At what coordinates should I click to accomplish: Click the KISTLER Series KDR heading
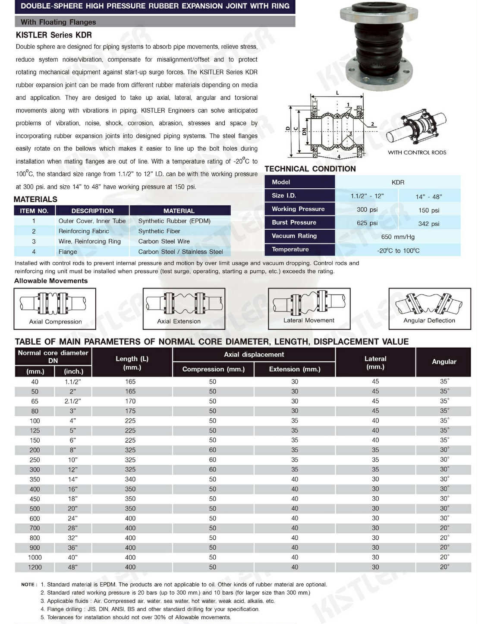(53, 35)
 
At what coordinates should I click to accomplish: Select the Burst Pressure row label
(294, 222)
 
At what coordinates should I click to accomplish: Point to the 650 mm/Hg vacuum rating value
(397, 237)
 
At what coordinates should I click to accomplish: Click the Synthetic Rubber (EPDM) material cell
(174, 221)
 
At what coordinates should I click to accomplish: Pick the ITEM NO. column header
(34, 211)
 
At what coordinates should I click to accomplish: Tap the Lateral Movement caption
(308, 320)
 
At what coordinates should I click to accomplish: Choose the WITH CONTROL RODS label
(417, 152)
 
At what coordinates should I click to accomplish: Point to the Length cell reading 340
(130, 479)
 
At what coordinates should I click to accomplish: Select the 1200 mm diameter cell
(35, 567)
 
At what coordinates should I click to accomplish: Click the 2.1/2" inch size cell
(72, 401)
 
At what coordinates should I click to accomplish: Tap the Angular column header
(444, 361)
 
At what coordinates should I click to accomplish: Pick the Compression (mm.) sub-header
(213, 369)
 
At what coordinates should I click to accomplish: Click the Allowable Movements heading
(51, 281)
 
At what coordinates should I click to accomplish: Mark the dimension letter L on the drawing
(337, 93)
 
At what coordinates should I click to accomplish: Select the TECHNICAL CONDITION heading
(310, 169)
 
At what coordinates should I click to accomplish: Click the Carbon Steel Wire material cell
(164, 241)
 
